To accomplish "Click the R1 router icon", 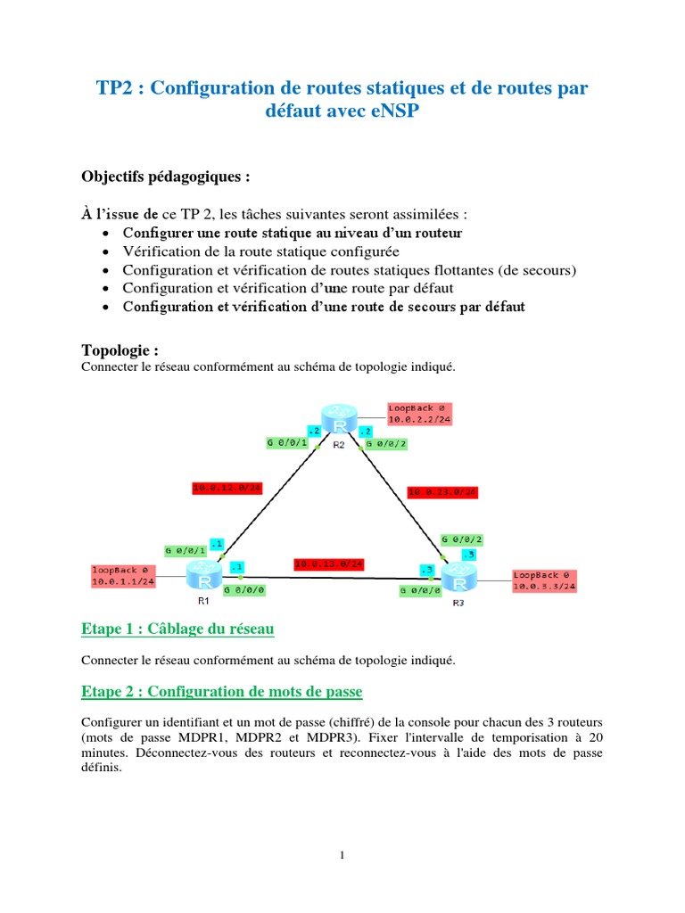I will coord(204,577).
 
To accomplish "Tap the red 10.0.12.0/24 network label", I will coord(227,488).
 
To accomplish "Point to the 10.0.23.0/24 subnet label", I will coord(442,491).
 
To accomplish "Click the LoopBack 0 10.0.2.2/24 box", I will coord(419,414).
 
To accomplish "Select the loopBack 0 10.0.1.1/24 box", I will coord(123,575).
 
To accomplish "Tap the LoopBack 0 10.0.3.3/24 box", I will coord(544,580).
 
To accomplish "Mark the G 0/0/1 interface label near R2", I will coord(287,441).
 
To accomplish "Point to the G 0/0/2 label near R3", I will coord(462,539).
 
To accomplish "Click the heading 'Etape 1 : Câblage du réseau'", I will coord(177,629).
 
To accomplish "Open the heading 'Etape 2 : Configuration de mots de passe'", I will coord(221,692).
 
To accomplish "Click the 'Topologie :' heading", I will coord(120,350).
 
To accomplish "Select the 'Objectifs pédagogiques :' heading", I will coord(166,177).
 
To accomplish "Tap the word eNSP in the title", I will coord(390,113).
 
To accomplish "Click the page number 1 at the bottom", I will coord(342,856).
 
